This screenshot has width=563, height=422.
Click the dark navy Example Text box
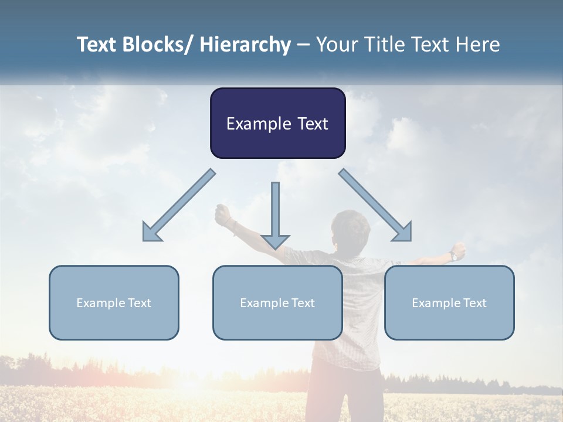(x=277, y=123)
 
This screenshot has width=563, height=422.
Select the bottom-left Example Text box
(x=114, y=302)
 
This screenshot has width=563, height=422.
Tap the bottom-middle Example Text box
(x=277, y=302)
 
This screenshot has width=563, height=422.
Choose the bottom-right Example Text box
(x=449, y=302)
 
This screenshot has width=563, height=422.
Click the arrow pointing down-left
(x=179, y=206)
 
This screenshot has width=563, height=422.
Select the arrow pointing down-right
(x=375, y=205)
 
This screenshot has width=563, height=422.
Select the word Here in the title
(x=477, y=45)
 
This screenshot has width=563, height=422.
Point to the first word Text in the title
(x=98, y=45)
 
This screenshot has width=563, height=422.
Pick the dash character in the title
(x=303, y=46)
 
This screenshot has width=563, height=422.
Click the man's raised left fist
(x=222, y=215)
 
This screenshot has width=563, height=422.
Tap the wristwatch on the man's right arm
(x=453, y=256)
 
